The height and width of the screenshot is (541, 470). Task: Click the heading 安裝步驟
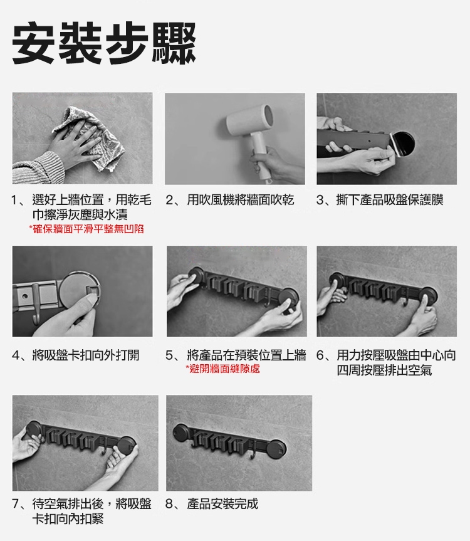click(104, 43)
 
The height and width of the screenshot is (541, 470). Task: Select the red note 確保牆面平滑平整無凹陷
click(86, 229)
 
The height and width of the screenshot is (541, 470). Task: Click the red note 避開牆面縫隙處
click(222, 369)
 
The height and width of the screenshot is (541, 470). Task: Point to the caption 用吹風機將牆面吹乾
click(241, 200)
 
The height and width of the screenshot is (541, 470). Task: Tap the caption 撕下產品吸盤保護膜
click(390, 200)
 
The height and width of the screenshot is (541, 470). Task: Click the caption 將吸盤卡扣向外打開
click(86, 355)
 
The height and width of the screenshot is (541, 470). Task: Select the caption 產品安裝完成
click(222, 504)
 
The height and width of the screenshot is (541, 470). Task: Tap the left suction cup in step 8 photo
click(180, 431)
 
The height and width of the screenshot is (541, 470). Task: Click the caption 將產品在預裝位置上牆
click(246, 355)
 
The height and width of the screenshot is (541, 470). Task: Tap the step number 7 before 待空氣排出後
click(16, 504)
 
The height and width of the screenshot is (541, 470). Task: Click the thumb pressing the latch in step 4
click(85, 302)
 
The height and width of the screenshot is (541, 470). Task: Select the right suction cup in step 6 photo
click(427, 296)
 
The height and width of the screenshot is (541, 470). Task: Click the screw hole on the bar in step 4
click(24, 296)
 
